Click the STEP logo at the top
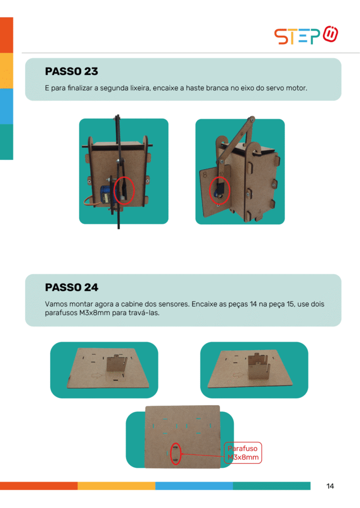click(306, 35)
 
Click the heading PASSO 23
click(72, 71)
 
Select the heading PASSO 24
click(72, 287)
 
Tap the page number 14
click(330, 486)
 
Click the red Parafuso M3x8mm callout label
click(243, 453)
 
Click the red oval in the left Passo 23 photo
click(124, 190)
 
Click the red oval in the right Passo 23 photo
click(219, 190)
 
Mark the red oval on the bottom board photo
click(175, 453)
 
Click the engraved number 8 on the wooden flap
click(205, 175)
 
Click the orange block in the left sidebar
click(6, 35)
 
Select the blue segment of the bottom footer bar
click(194, 486)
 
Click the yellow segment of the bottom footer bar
click(116, 486)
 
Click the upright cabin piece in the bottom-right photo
click(258, 367)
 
